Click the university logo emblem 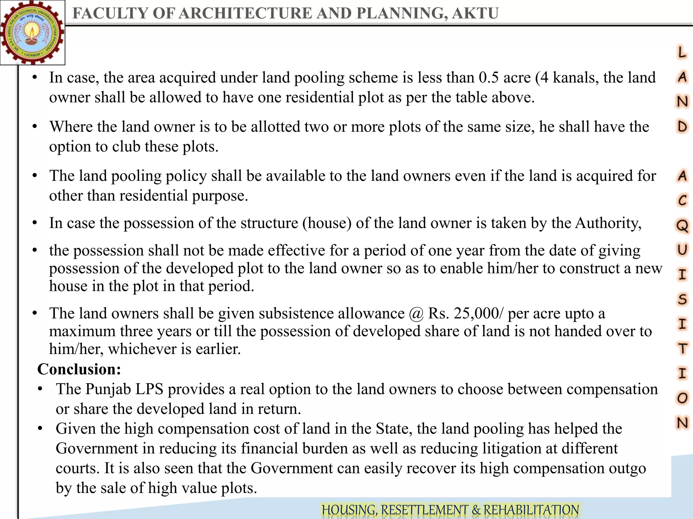pyautogui.click(x=32, y=33)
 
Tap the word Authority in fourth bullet pyautogui.click(x=608, y=223)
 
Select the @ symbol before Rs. pyautogui.click(x=416, y=314)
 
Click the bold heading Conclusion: pyautogui.click(x=79, y=369)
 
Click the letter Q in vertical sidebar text pyautogui.click(x=682, y=225)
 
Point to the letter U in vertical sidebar pyautogui.click(x=682, y=250)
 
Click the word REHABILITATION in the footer pyautogui.click(x=531, y=510)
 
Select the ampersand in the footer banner pyautogui.click(x=476, y=510)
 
